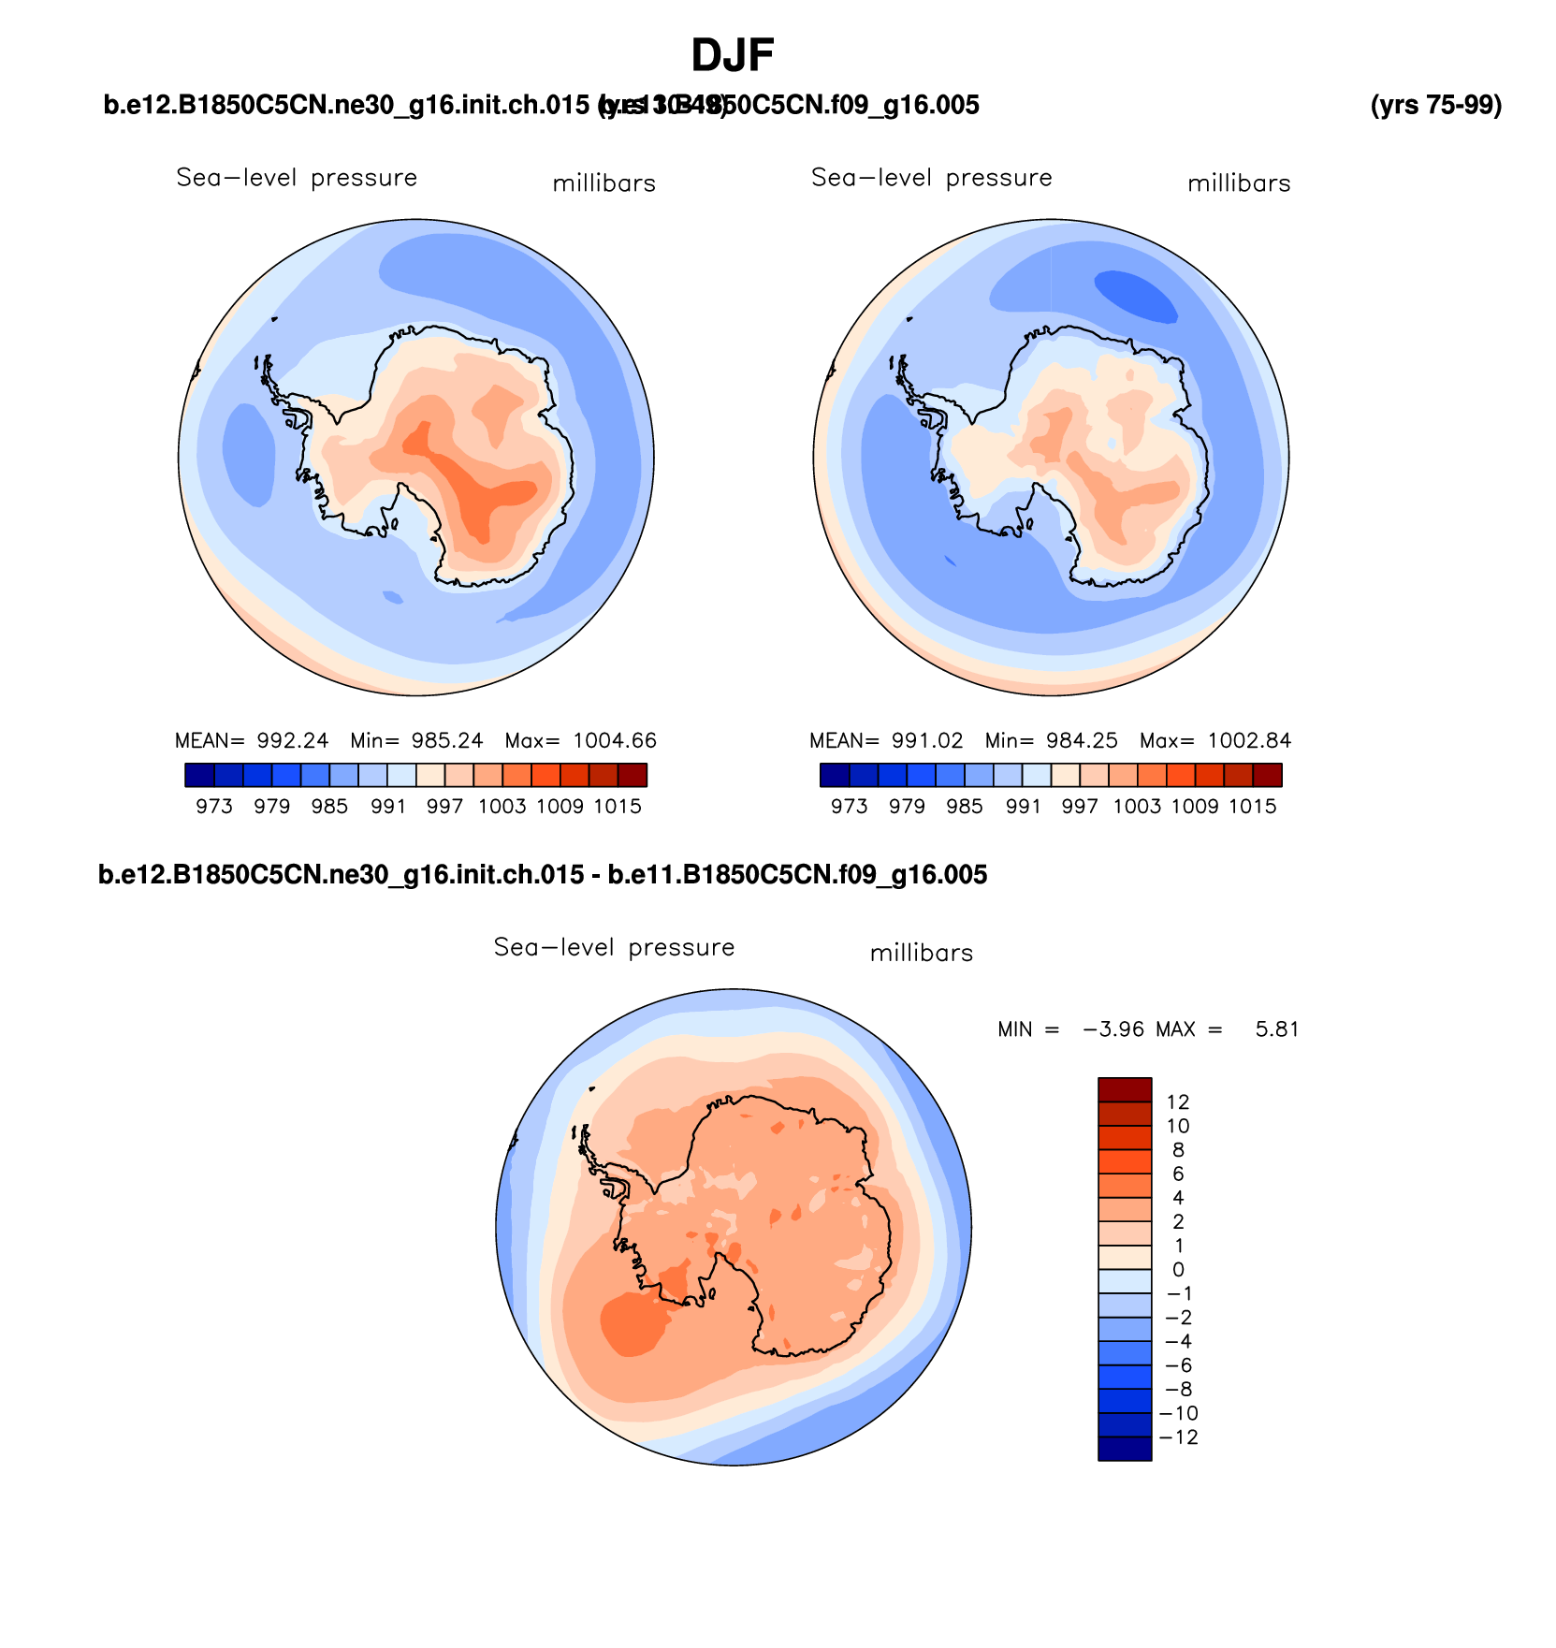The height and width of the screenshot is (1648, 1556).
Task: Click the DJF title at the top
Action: point(733,56)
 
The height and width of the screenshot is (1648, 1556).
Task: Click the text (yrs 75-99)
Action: point(1435,106)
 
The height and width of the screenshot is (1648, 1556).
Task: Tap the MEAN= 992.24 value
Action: point(252,741)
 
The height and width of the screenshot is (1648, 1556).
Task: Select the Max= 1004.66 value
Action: point(581,741)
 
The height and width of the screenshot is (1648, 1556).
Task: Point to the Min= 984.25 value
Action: point(1051,741)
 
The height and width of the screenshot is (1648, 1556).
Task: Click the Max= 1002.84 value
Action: point(1215,741)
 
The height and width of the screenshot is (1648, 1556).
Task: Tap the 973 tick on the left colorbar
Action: point(214,807)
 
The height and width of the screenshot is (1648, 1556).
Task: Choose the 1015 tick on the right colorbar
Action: point(1253,807)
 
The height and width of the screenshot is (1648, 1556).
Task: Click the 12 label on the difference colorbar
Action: point(1178,1102)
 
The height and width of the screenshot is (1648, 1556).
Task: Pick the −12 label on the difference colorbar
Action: point(1178,1437)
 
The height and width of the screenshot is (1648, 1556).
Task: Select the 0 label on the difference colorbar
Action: point(1178,1270)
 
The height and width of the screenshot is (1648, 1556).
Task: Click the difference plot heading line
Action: point(543,875)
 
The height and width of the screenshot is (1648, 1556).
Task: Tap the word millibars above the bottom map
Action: point(922,954)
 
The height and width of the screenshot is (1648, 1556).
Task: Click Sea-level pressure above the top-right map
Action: point(932,178)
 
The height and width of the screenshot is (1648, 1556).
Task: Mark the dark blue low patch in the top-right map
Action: point(1136,296)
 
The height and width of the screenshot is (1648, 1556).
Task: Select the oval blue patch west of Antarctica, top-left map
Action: point(249,454)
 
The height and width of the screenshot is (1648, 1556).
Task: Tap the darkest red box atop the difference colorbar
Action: point(1125,1090)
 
